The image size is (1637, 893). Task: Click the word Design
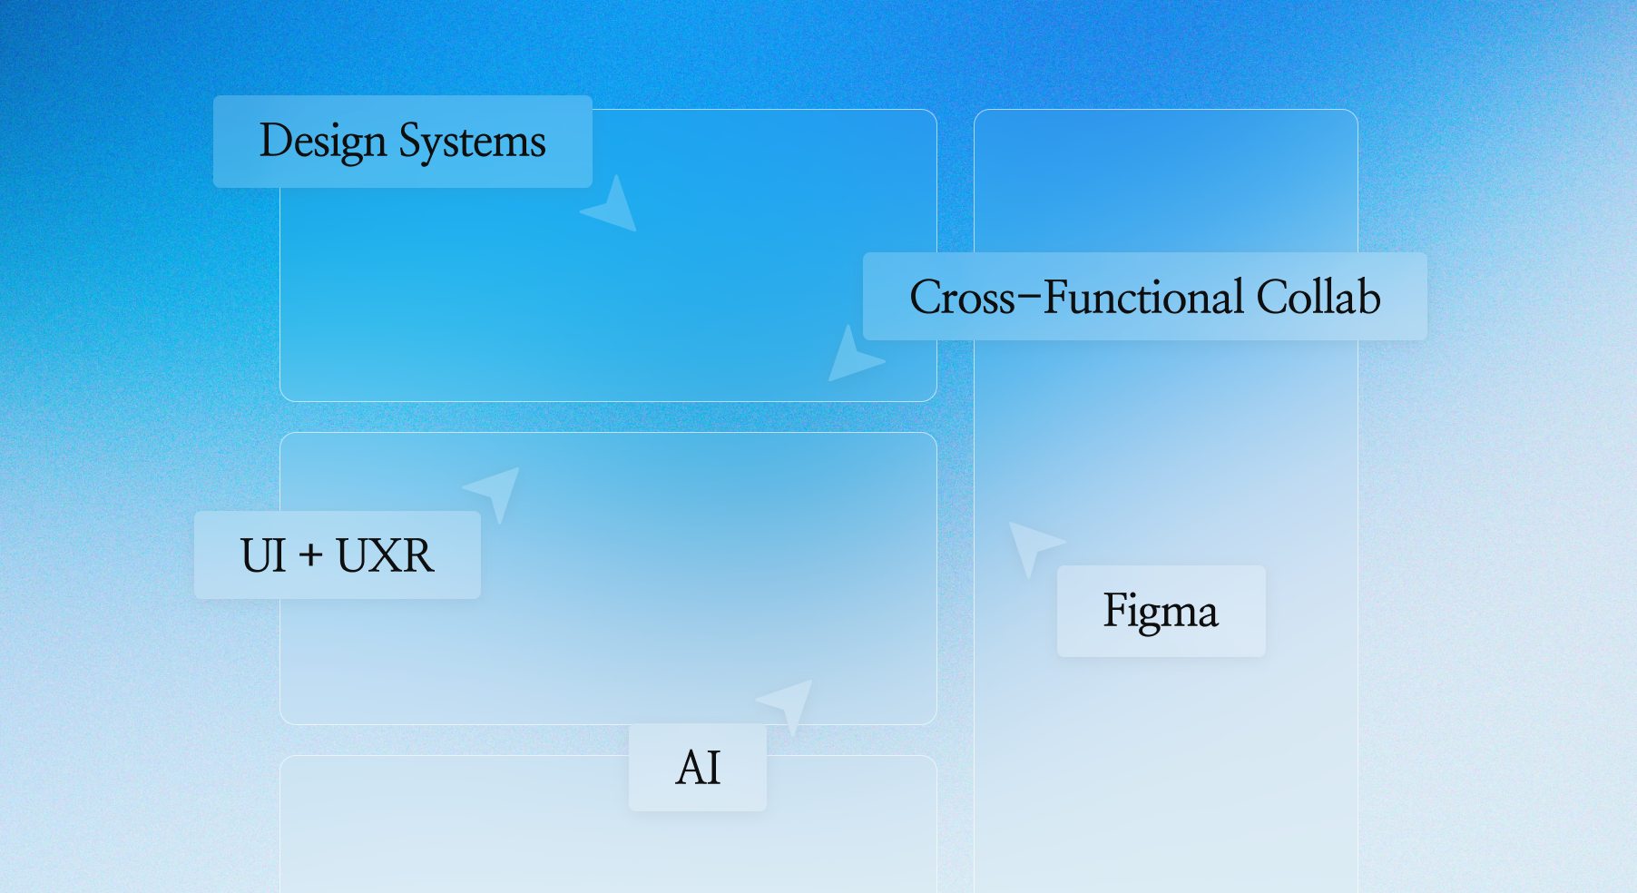pos(323,142)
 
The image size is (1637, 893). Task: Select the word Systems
pos(473,142)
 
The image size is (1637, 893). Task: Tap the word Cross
pos(963,298)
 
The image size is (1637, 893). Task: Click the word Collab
pos(1318,298)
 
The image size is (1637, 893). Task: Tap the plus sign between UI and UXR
pos(311,554)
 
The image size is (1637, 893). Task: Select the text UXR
pos(386,555)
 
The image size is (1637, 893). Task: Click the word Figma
pos(1161,611)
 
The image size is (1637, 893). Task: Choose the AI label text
pos(698,768)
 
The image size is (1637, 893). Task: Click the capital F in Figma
pos(1116,609)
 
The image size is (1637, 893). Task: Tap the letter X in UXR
pos(386,555)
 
